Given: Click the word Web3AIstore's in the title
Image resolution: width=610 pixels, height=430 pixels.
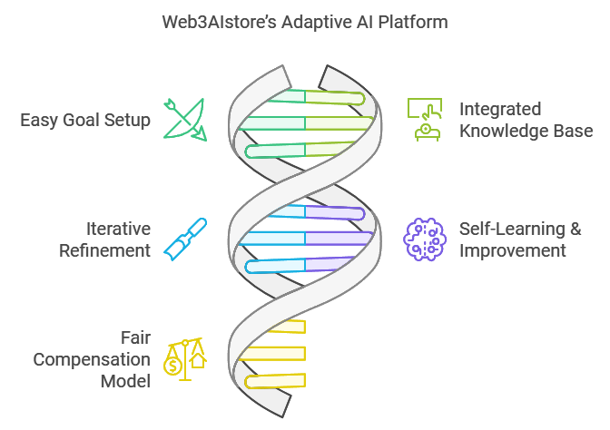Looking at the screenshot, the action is [220, 22].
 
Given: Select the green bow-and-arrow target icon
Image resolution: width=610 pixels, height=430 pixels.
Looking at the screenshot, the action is [185, 120].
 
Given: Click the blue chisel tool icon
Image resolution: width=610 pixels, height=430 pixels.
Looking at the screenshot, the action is [185, 239].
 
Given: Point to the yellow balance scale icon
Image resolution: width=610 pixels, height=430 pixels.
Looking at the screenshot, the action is [185, 359].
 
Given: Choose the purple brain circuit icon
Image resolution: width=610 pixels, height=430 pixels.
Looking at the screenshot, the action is [425, 239].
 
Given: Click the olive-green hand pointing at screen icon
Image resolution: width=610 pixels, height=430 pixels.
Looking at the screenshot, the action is [425, 120].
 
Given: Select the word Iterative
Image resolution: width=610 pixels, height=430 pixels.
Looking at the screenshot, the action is [118, 229].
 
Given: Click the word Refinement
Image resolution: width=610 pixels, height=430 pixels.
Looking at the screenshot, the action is [104, 250].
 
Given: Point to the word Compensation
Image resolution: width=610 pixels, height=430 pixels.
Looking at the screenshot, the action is [92, 359].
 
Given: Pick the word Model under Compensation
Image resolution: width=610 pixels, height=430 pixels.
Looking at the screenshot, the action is [125, 381].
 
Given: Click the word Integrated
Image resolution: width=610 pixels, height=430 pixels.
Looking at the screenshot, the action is [500, 109].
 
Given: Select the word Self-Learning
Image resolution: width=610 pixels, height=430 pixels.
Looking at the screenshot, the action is [512, 229].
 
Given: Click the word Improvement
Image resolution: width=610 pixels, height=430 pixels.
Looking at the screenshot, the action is [513, 250].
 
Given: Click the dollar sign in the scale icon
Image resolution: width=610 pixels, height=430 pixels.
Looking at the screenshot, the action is [173, 366].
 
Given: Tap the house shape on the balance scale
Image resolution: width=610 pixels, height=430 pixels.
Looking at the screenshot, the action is [198, 359].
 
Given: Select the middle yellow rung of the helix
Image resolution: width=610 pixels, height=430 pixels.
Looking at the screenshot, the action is [272, 354].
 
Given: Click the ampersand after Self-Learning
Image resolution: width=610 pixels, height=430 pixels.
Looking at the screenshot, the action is [576, 229].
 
